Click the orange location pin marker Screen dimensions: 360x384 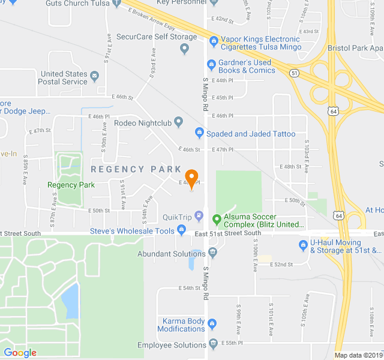(191, 178)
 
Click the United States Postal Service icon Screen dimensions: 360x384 (94, 78)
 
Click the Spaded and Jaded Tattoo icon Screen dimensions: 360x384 (200, 133)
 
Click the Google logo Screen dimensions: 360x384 (20, 353)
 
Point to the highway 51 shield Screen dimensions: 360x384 (293, 73)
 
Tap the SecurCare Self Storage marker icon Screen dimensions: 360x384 (184, 48)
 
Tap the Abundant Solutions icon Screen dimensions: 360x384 (213, 254)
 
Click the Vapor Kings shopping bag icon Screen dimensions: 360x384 (213, 41)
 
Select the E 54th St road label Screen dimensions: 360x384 (190, 288)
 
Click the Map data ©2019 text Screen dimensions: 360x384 (358, 355)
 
